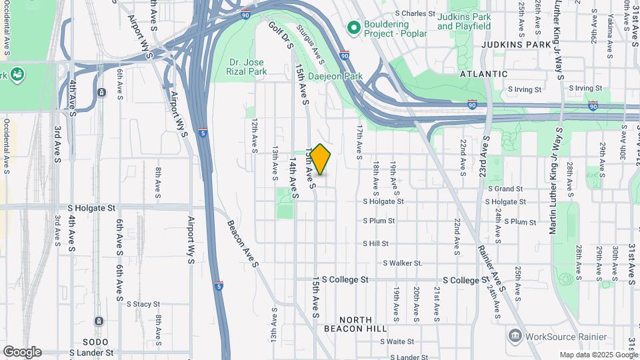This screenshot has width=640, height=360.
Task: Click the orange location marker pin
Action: (x=320, y=159)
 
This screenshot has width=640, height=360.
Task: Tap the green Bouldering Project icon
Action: (x=354, y=27)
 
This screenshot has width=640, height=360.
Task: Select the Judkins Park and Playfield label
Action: (x=463, y=21)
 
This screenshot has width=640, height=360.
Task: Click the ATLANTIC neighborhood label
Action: (x=484, y=74)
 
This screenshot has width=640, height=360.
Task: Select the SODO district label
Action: (x=86, y=341)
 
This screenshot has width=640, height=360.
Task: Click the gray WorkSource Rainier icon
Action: (x=515, y=334)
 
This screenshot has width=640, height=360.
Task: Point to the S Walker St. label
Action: (x=403, y=263)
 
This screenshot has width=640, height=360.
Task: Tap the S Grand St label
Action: (x=509, y=189)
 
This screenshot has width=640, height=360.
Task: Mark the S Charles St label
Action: (x=415, y=13)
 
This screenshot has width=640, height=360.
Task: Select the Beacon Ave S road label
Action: (x=243, y=243)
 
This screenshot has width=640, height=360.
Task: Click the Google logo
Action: (x=22, y=352)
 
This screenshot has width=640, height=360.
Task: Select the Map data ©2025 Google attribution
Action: (x=599, y=355)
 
